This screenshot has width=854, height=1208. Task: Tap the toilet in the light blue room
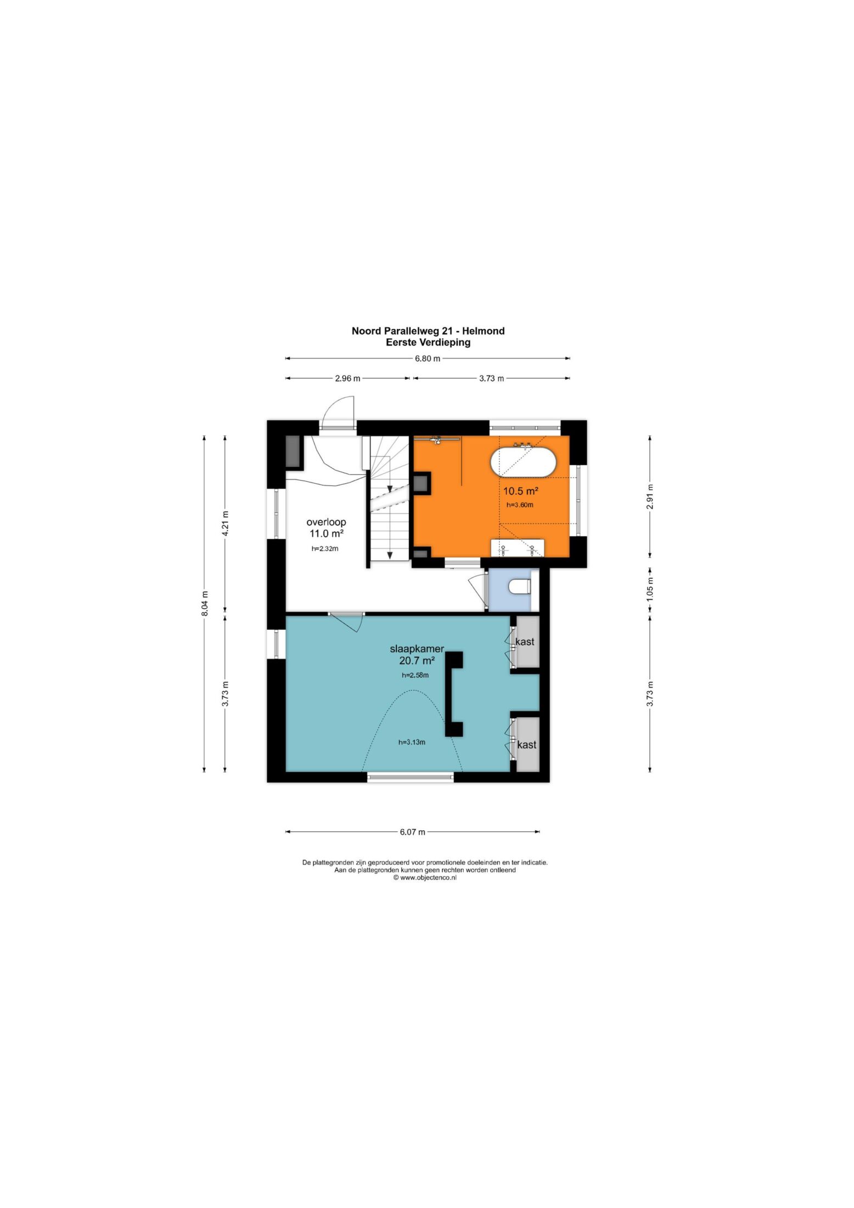pyautogui.click(x=519, y=587)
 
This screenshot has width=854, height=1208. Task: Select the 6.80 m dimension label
pyautogui.click(x=427, y=359)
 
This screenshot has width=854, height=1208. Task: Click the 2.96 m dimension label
pyautogui.click(x=347, y=378)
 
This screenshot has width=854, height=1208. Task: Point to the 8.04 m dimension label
pyautogui.click(x=205, y=603)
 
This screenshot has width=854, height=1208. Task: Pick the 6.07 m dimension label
pyautogui.click(x=412, y=832)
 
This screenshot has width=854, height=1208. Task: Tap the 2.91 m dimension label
pyautogui.click(x=650, y=496)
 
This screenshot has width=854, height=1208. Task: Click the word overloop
pyautogui.click(x=326, y=522)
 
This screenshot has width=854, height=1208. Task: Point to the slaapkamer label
pyautogui.click(x=417, y=648)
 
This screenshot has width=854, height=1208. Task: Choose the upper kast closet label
pyautogui.click(x=525, y=641)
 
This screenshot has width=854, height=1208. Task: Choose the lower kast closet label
pyautogui.click(x=526, y=745)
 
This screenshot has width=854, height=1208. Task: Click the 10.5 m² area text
pyautogui.click(x=520, y=491)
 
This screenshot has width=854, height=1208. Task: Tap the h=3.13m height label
pyautogui.click(x=412, y=742)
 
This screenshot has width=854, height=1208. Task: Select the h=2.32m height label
pyautogui.click(x=325, y=549)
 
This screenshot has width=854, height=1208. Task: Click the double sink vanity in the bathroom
pyautogui.click(x=517, y=547)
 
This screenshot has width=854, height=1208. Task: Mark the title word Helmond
pyautogui.click(x=484, y=331)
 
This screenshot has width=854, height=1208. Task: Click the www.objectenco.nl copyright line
pyautogui.click(x=425, y=877)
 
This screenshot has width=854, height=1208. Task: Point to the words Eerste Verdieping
pyautogui.click(x=428, y=342)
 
